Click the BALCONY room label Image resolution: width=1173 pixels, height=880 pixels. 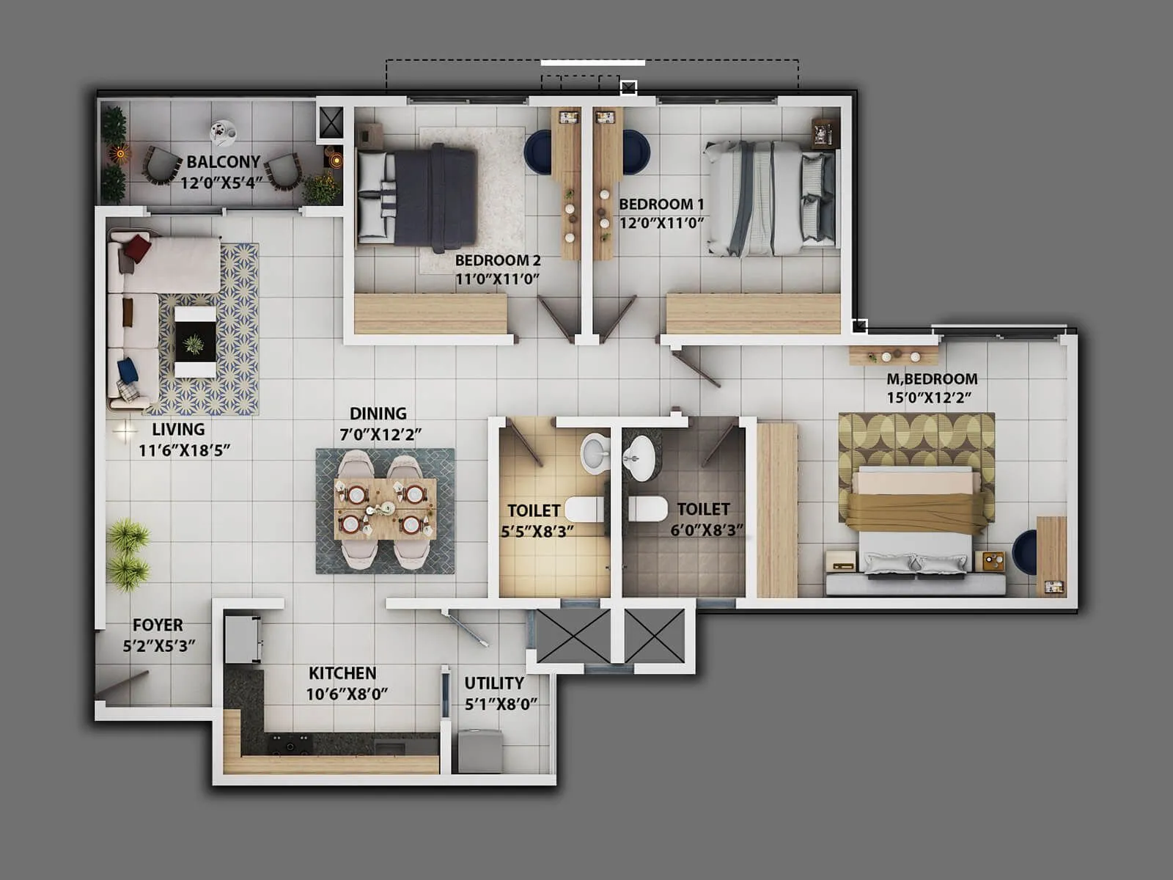(223, 161)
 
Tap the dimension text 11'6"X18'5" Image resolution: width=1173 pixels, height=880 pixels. (184, 450)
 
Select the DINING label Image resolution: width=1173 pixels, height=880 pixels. (378, 414)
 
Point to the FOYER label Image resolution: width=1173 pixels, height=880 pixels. (158, 626)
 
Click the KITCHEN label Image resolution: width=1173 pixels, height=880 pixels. (342, 673)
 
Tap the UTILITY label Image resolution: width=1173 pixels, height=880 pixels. (494, 683)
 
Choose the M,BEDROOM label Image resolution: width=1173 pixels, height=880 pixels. (932, 379)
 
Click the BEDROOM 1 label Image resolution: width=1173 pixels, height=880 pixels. (661, 205)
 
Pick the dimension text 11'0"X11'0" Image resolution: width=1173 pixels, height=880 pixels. (497, 279)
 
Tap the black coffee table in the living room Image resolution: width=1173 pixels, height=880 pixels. (195, 342)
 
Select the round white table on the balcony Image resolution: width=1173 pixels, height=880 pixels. (223, 133)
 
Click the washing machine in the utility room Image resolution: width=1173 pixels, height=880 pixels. (480, 750)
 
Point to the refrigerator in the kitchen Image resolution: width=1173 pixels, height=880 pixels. (243, 639)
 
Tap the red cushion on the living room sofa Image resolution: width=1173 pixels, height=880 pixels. (136, 249)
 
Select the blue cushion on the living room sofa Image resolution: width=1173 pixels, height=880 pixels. (128, 369)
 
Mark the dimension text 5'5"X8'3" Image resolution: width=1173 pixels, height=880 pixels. (537, 531)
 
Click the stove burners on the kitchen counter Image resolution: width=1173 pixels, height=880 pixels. (290, 744)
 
